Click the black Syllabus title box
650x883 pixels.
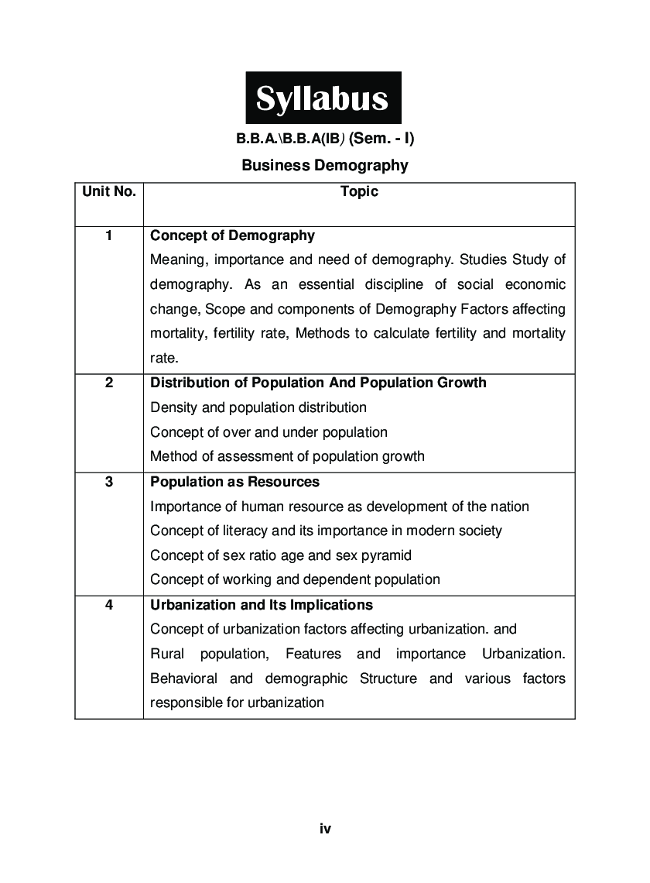[x=323, y=98]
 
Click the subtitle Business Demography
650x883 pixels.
[x=324, y=165]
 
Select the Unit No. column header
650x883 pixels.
[x=108, y=191]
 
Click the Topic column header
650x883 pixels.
[x=359, y=191]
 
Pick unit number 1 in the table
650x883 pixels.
[x=108, y=235]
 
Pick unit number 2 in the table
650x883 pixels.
[x=108, y=383]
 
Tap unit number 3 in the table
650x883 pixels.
[x=108, y=482]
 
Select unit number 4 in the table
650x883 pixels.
[x=108, y=605]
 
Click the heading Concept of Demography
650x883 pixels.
[x=232, y=235]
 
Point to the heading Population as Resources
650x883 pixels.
[x=234, y=482]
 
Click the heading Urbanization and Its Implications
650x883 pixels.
[x=262, y=605]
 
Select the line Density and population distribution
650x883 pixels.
[x=258, y=407]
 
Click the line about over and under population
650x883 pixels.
[x=269, y=432]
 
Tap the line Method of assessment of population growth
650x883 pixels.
[x=287, y=456]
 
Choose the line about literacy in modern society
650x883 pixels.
[x=326, y=531]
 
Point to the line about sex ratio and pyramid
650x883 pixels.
[x=281, y=555]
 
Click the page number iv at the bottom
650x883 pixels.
[x=325, y=829]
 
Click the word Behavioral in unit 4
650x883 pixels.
[x=183, y=679]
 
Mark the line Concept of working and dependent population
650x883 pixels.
[x=295, y=579]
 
